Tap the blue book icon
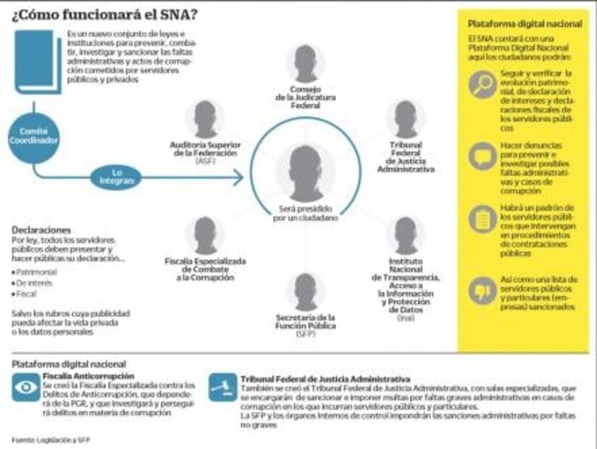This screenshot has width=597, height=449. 36,61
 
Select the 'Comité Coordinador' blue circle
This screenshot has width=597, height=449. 33,136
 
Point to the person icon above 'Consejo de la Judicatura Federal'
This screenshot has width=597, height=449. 305,63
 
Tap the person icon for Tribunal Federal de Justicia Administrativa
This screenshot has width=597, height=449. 405,119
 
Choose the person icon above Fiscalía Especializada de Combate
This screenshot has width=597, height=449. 205,235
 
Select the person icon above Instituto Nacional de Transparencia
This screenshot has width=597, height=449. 405,235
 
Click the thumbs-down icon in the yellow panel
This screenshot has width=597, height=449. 482,290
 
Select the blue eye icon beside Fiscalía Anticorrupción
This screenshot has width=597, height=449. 26,387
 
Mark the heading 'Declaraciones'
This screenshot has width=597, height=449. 41,230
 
